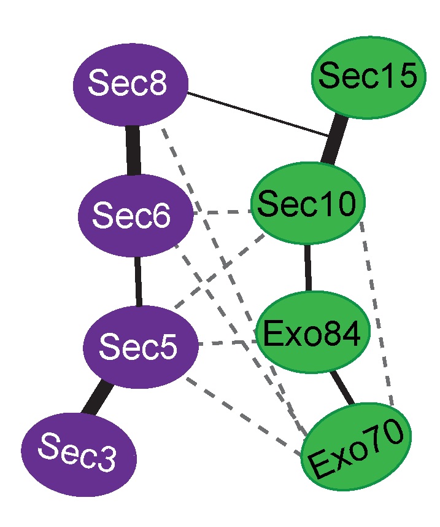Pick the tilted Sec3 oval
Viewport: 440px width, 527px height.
(79, 454)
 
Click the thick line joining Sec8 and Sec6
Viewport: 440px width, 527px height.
(133, 150)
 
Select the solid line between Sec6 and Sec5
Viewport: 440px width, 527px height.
(137, 279)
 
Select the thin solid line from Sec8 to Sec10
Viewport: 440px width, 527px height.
(258, 112)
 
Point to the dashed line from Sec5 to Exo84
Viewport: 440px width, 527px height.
(227, 342)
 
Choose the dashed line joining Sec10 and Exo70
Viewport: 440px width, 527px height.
(377, 313)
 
